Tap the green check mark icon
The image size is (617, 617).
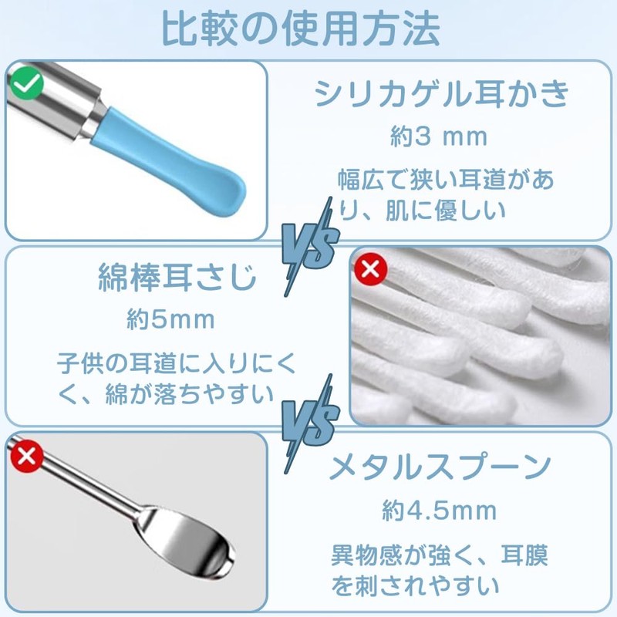click(26, 83)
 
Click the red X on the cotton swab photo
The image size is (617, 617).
click(370, 269)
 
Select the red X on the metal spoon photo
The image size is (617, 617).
click(28, 457)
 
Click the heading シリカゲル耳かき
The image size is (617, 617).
click(442, 94)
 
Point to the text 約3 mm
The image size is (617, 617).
click(438, 137)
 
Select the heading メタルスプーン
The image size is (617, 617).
click(440, 467)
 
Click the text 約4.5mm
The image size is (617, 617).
click(440, 510)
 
